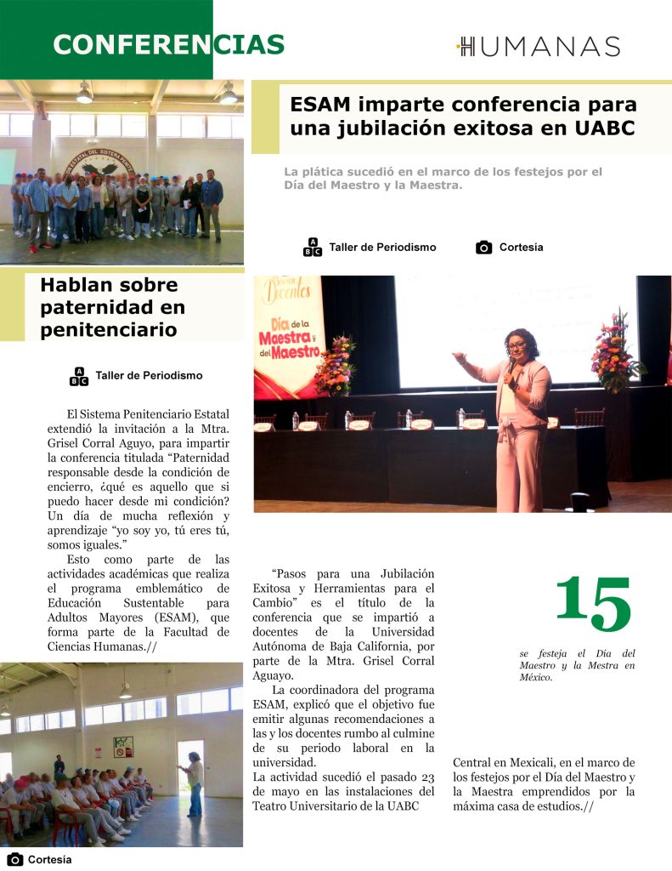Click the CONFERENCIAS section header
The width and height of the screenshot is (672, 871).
(x=168, y=44)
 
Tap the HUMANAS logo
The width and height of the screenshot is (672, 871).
(x=539, y=47)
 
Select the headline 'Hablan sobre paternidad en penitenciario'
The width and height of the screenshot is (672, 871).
(x=112, y=307)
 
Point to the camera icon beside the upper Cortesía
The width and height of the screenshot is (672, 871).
(x=484, y=248)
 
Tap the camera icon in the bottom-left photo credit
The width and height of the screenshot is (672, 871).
(x=14, y=859)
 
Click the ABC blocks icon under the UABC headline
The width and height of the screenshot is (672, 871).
(x=313, y=248)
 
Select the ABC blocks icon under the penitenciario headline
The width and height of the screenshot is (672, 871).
(x=79, y=375)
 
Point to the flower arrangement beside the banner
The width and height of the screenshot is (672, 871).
(x=335, y=366)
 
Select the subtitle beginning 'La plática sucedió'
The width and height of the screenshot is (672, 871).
(x=443, y=178)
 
